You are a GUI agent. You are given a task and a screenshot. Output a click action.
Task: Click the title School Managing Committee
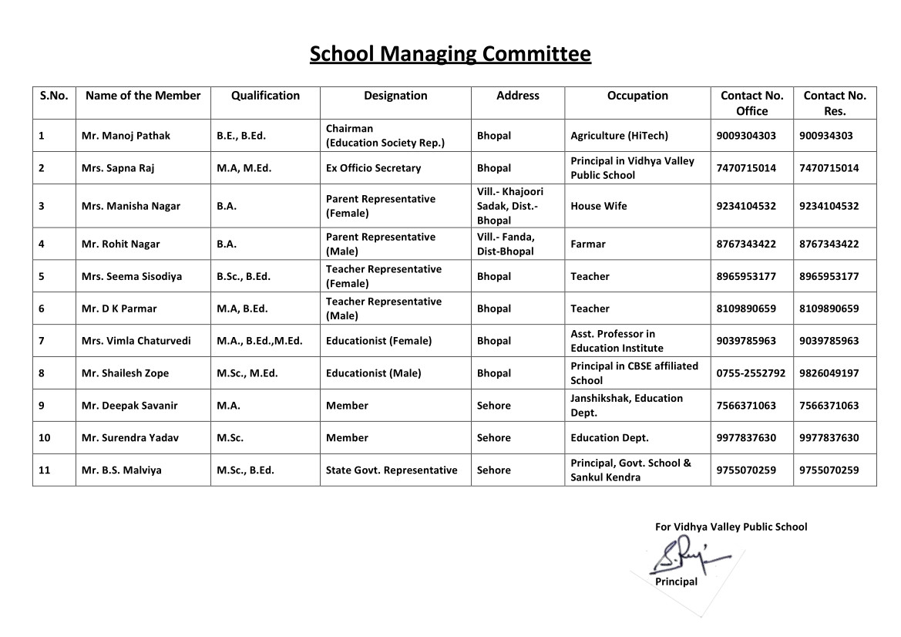click(x=450, y=54)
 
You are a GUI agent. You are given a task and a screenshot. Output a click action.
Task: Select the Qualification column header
click(x=265, y=96)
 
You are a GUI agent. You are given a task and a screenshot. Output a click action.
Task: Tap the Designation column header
click(x=395, y=96)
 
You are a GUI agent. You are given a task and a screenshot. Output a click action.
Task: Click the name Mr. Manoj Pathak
click(x=126, y=136)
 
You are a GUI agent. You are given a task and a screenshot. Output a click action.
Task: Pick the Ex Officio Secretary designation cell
click(x=373, y=168)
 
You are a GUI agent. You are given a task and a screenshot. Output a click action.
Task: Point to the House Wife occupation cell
click(x=599, y=206)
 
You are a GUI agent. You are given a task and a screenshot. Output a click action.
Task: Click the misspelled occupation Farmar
click(x=588, y=244)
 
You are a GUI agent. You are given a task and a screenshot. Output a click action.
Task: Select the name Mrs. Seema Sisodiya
click(x=132, y=276)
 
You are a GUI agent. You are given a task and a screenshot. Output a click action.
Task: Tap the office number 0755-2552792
click(x=751, y=373)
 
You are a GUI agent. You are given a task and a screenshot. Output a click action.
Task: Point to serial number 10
click(x=45, y=437)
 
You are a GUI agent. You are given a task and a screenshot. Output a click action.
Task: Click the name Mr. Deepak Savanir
click(x=129, y=406)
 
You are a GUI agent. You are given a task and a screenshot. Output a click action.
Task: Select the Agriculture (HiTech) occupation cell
click(x=619, y=136)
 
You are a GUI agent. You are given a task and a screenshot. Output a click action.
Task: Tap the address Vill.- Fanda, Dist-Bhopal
click(x=506, y=244)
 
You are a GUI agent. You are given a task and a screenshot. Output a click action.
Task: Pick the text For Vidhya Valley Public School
click(x=731, y=527)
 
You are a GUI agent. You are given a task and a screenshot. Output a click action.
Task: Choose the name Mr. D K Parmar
click(x=119, y=308)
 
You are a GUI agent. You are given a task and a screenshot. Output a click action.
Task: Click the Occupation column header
click(x=637, y=96)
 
